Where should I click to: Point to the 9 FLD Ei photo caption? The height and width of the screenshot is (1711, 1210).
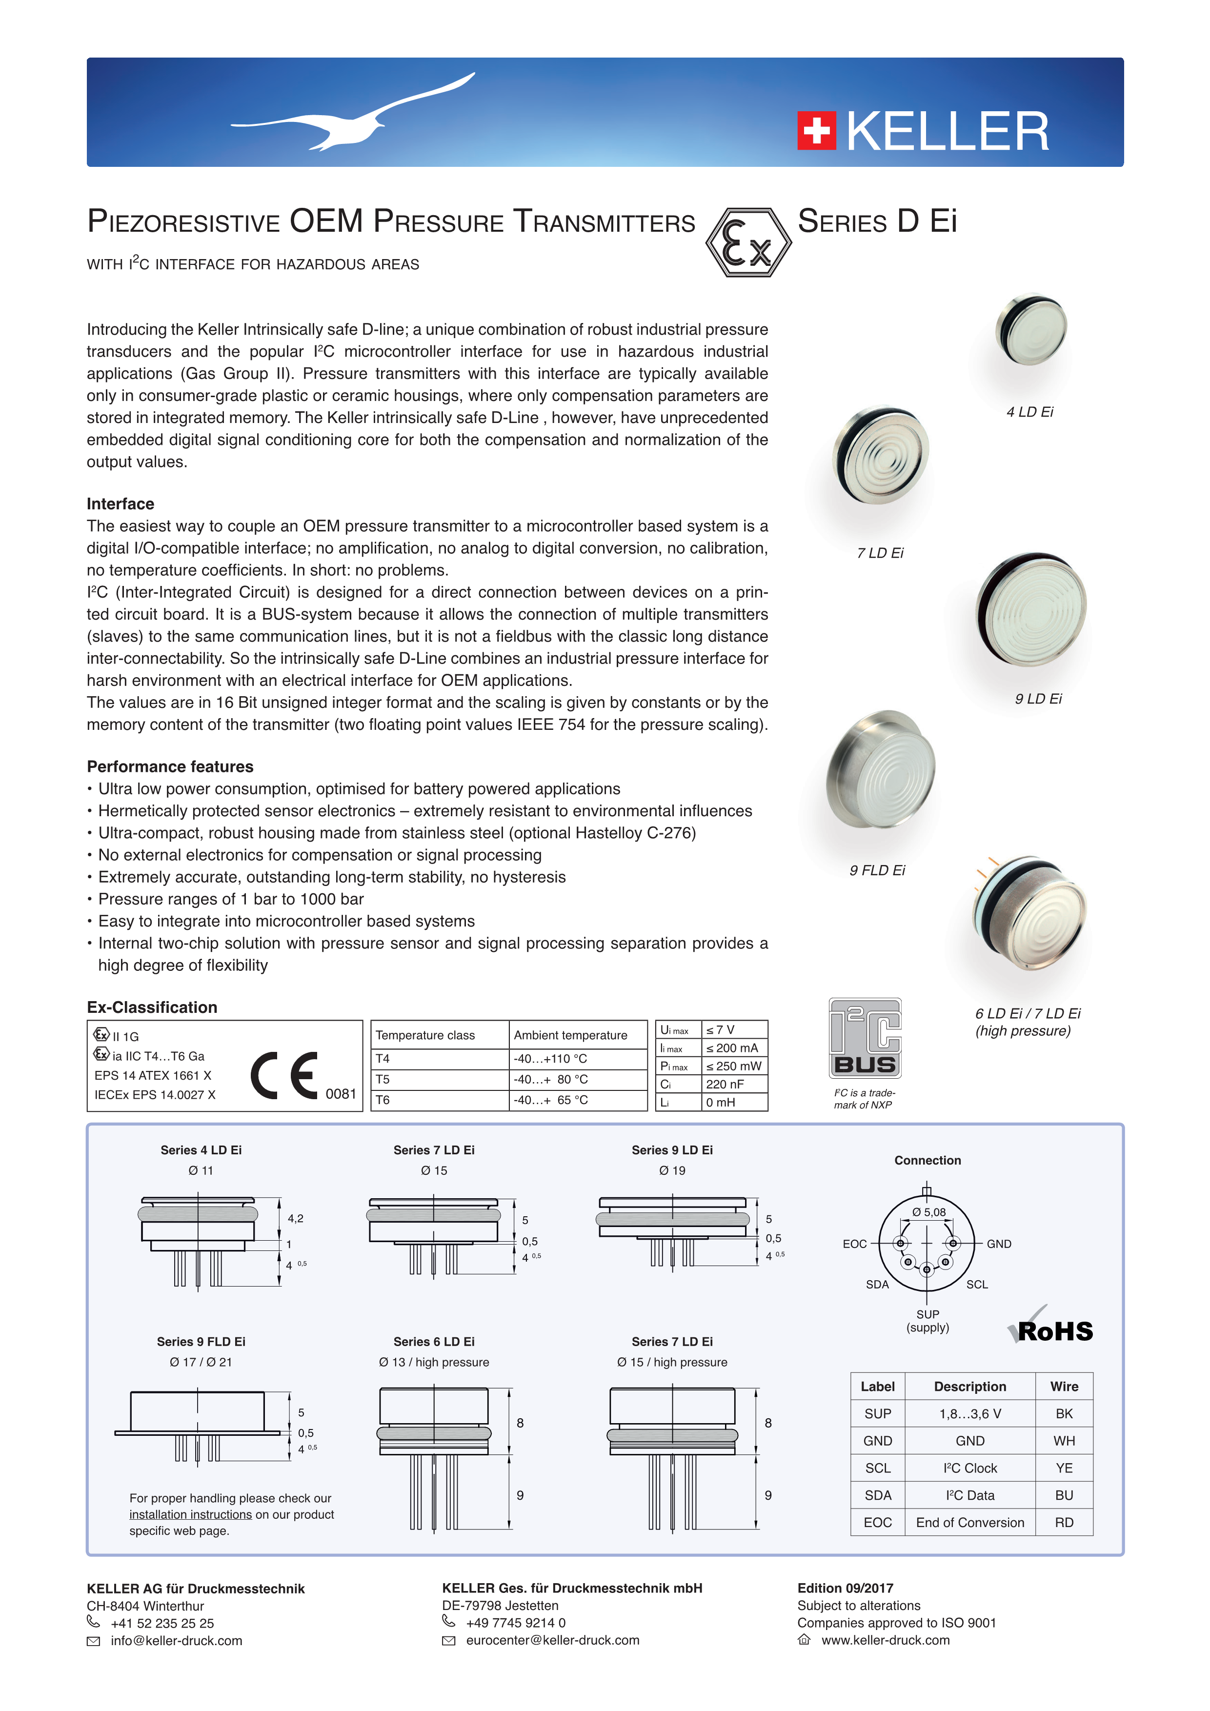(x=877, y=870)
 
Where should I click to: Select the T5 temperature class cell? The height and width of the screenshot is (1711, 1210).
(x=383, y=1079)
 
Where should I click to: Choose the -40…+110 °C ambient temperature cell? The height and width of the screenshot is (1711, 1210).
(x=551, y=1058)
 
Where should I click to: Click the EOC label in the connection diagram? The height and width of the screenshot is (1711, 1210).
(x=855, y=1244)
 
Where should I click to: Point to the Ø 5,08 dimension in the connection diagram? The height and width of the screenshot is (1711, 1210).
(x=929, y=1212)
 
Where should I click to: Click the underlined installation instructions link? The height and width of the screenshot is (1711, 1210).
(x=191, y=1514)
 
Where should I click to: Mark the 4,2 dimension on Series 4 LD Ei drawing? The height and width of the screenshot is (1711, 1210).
(x=296, y=1218)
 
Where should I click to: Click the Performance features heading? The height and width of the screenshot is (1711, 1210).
(x=170, y=767)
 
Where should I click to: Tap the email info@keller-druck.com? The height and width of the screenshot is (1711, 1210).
(x=177, y=1640)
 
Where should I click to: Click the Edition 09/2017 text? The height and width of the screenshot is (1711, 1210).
(x=845, y=1588)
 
